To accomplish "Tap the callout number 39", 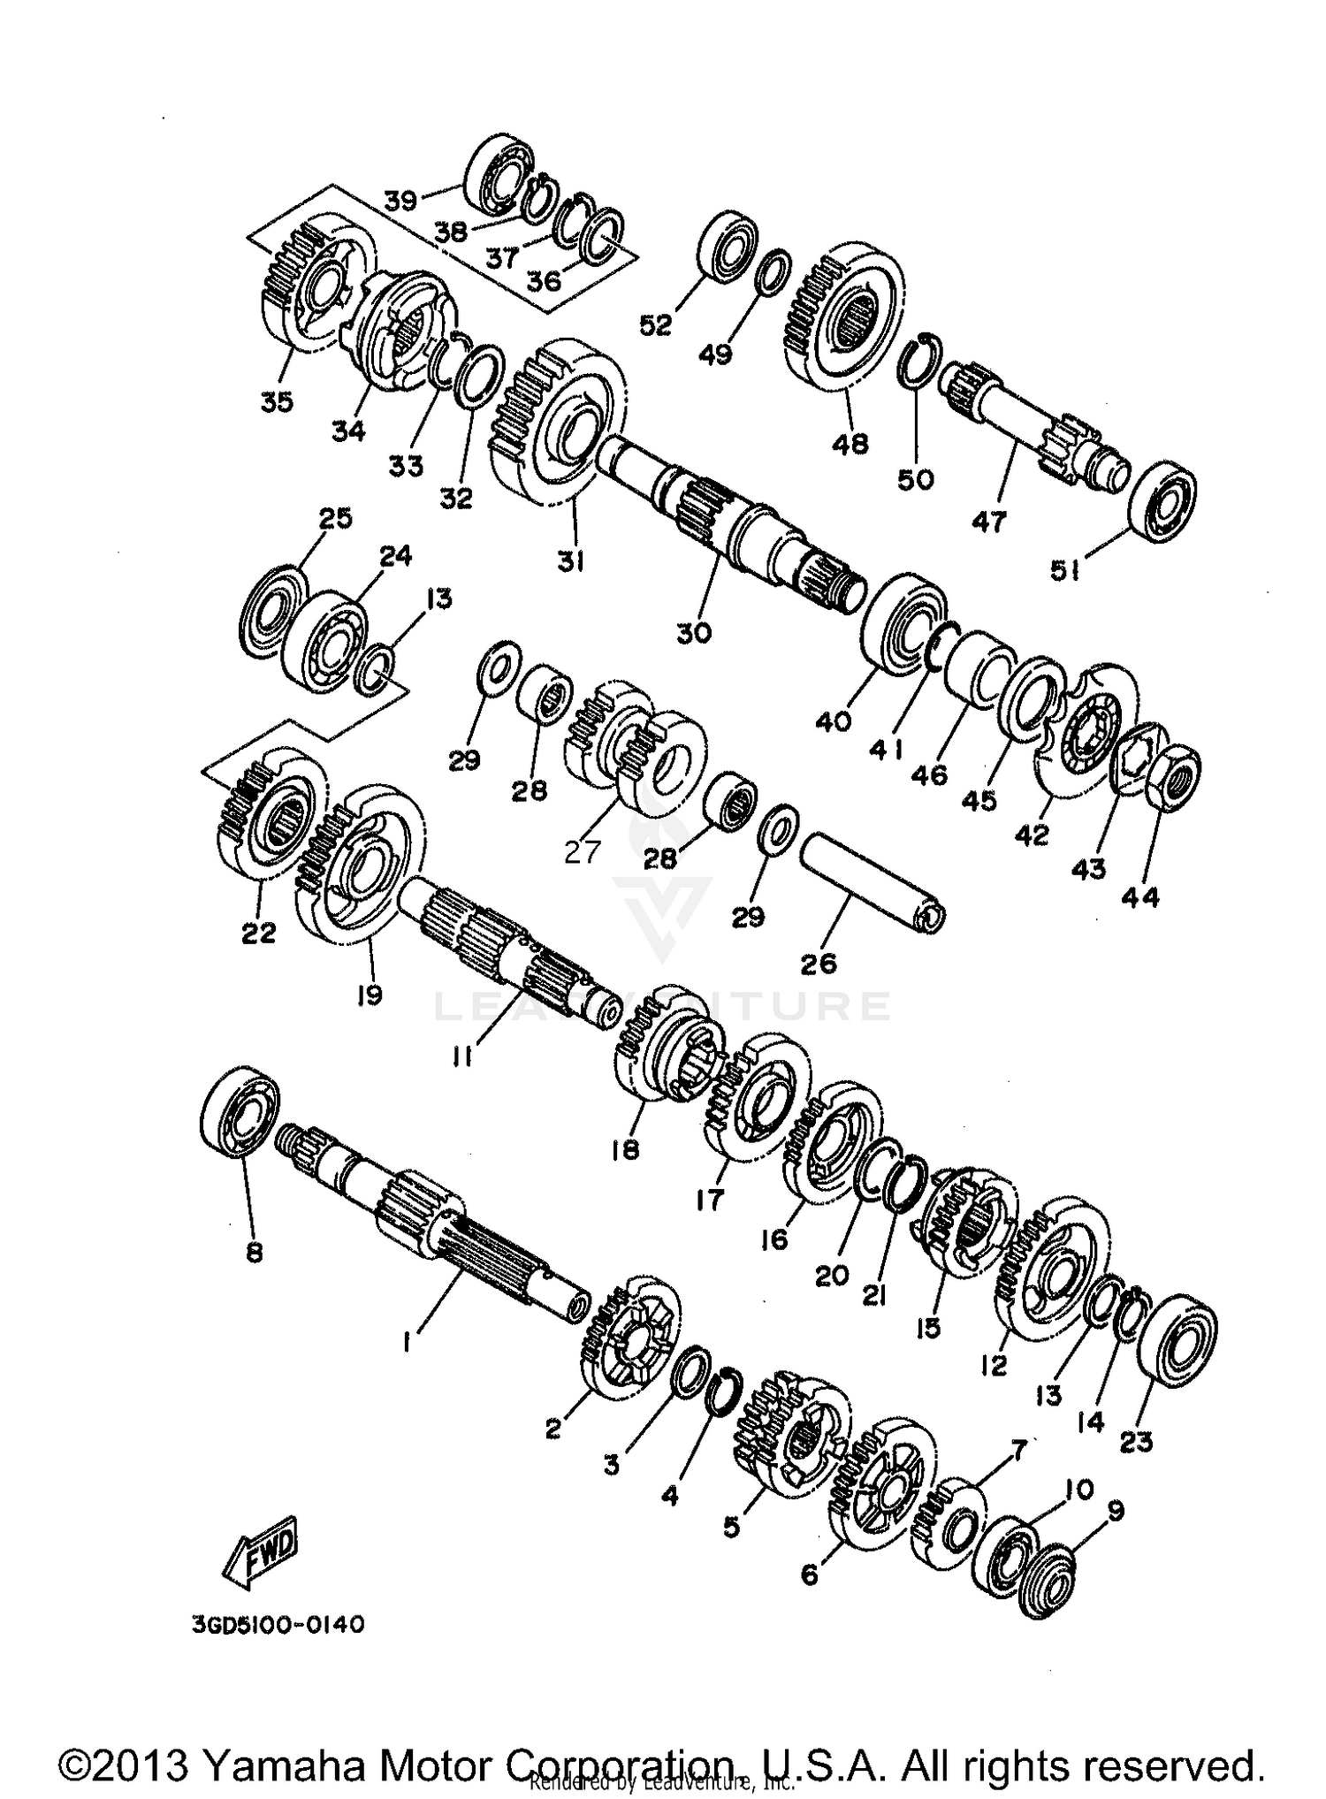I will pyautogui.click(x=400, y=201).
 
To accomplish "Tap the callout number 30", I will pyautogui.click(x=694, y=633).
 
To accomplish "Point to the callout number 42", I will pyautogui.click(x=1032, y=834).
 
